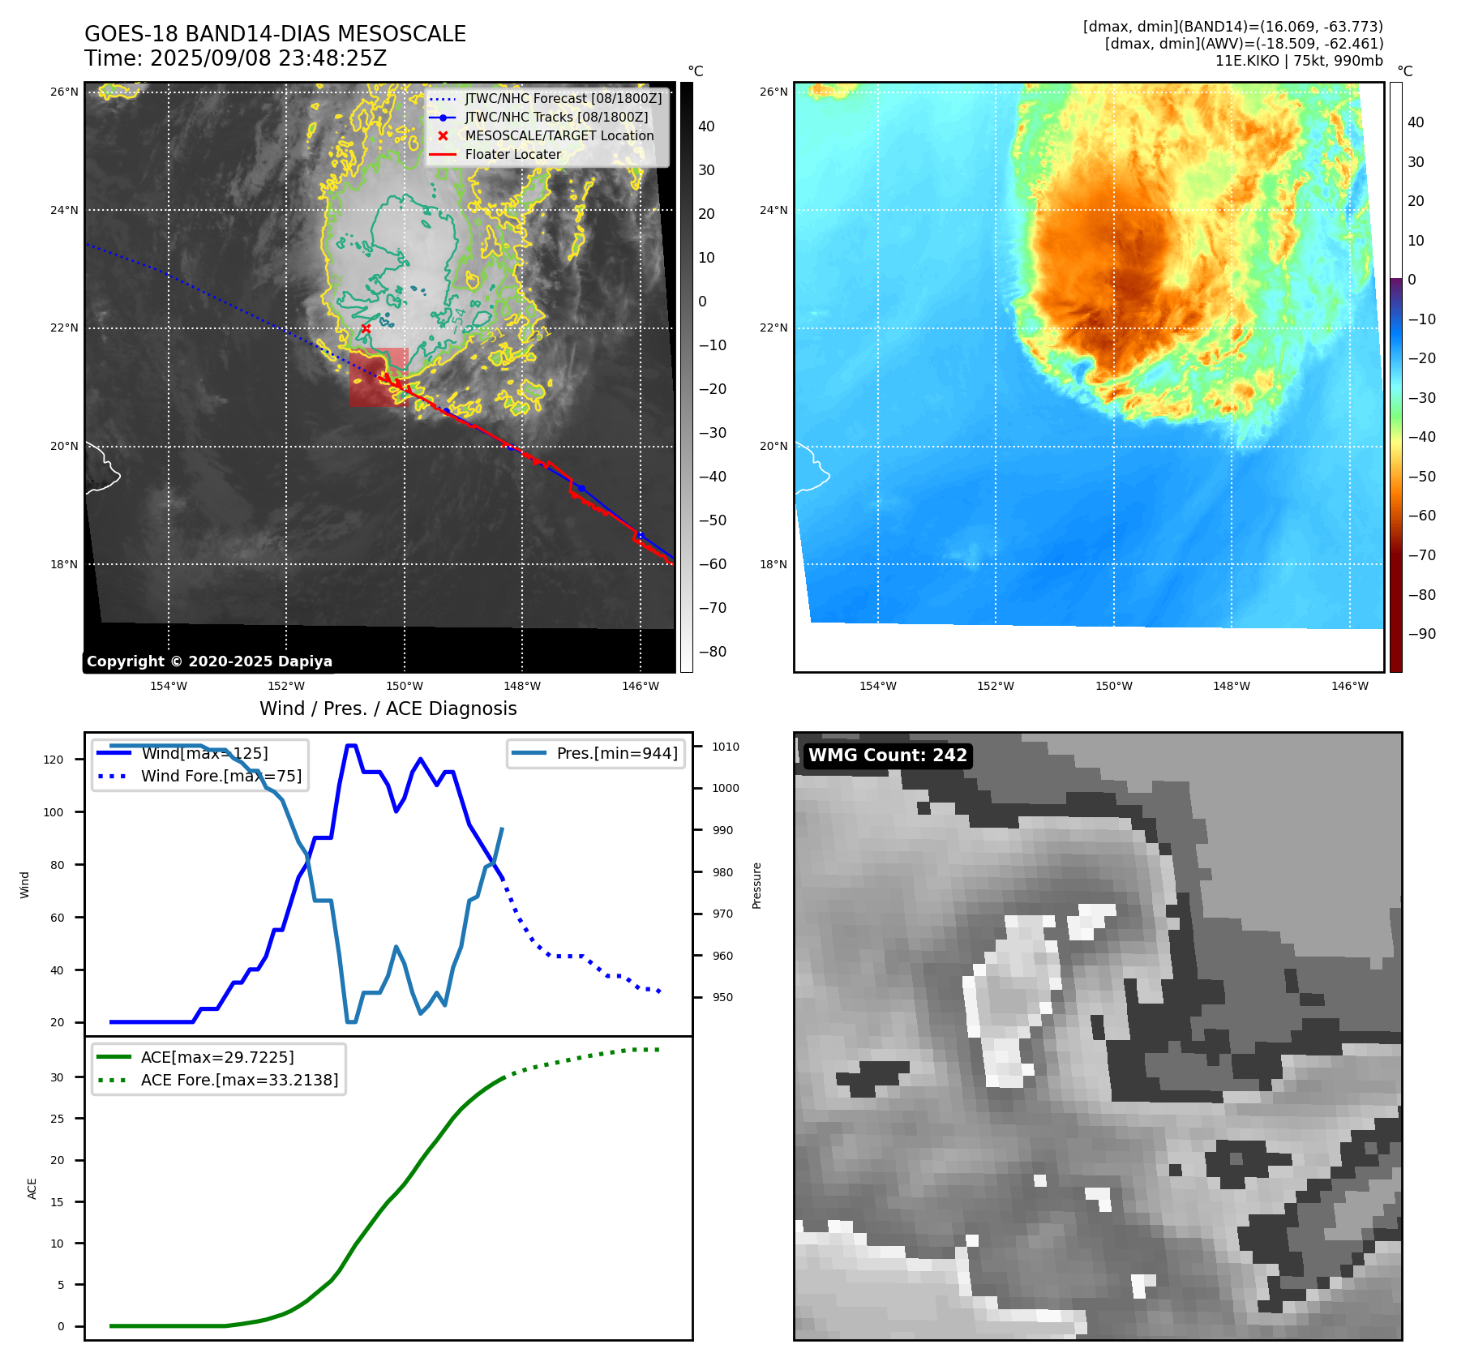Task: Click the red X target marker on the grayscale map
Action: (366, 328)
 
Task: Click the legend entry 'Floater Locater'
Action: (512, 155)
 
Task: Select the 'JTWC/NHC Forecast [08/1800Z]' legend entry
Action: (563, 99)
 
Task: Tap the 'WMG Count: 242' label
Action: (887, 756)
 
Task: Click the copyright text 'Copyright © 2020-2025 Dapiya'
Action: (209, 661)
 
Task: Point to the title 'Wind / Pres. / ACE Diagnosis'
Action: (388, 709)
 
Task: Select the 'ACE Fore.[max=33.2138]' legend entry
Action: (239, 1080)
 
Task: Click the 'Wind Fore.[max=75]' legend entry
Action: (221, 776)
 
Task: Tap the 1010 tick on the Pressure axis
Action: (726, 747)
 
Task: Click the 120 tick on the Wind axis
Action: (54, 760)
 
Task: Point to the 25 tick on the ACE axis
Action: (57, 1119)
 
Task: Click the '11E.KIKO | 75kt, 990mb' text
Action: (1299, 61)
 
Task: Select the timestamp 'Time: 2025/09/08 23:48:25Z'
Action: (236, 58)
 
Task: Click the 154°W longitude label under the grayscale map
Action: (169, 686)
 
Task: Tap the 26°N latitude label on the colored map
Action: (773, 92)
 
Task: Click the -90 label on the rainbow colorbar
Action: (1421, 634)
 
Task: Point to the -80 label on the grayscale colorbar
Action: (712, 652)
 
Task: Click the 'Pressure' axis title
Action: (756, 885)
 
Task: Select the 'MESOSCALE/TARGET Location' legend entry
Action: (559, 136)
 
